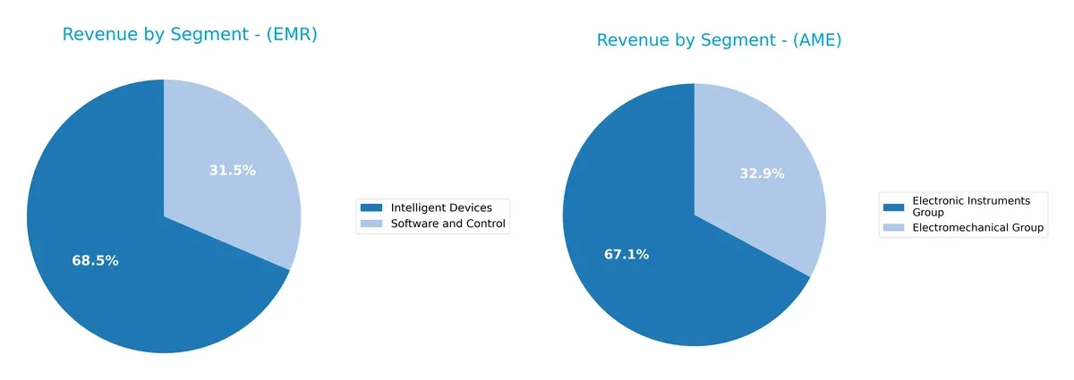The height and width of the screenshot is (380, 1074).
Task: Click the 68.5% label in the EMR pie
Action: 95,261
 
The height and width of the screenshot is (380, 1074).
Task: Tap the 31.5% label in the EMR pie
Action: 232,170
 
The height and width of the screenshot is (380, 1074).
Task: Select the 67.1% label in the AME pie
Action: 626,255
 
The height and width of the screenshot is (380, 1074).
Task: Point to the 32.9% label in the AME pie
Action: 762,173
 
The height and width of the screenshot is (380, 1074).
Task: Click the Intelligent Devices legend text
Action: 441,207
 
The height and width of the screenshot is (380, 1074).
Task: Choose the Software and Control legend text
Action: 448,224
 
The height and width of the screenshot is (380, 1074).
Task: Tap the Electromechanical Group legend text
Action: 978,228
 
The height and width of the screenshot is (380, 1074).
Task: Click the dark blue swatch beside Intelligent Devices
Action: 372,207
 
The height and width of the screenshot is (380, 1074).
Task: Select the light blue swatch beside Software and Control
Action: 372,224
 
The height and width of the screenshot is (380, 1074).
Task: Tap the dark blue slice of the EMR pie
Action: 134,286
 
